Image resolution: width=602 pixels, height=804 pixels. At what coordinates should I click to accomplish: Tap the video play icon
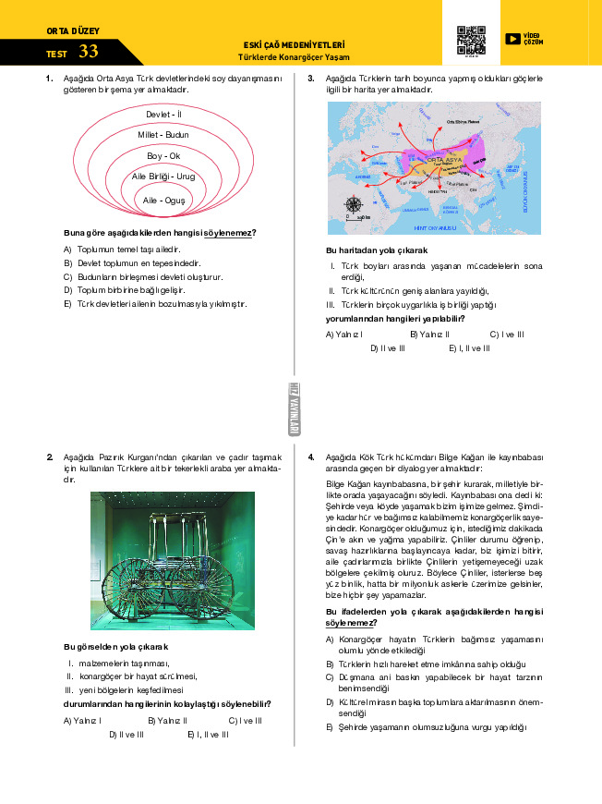pos(512,39)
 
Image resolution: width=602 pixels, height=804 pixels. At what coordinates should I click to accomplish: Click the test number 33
pos(89,52)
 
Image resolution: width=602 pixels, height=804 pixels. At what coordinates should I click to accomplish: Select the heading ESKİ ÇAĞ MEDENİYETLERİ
pos(294,43)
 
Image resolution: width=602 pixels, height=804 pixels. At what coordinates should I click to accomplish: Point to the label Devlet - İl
pos(163,114)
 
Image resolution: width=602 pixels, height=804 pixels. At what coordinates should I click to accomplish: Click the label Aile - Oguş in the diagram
pos(163,200)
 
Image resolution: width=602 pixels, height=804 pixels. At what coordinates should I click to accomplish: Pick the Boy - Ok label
pos(163,155)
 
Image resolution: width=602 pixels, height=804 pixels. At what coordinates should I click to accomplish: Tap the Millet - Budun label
pos(163,135)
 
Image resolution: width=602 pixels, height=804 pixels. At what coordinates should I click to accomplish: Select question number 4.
pos(312,457)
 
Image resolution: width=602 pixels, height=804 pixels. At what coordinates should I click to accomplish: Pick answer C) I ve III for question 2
pos(245,720)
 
